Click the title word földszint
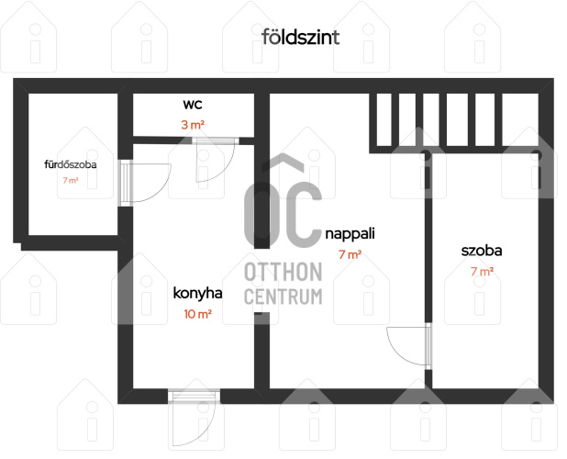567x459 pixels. click(301, 37)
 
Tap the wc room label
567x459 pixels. click(193, 105)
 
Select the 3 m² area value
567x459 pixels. click(193, 125)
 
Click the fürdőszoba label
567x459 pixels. click(71, 164)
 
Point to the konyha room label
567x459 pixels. click(197, 293)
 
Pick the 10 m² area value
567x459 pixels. click(197, 314)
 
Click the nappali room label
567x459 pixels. click(350, 234)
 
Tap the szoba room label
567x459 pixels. click(482, 251)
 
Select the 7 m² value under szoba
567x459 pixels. click(482, 272)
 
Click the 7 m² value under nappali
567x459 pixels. click(350, 254)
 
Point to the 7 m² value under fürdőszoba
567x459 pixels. click(71, 180)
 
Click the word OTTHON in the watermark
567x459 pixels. click(283, 272)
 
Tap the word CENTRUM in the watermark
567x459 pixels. click(283, 297)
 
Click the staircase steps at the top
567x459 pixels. click(454, 121)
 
